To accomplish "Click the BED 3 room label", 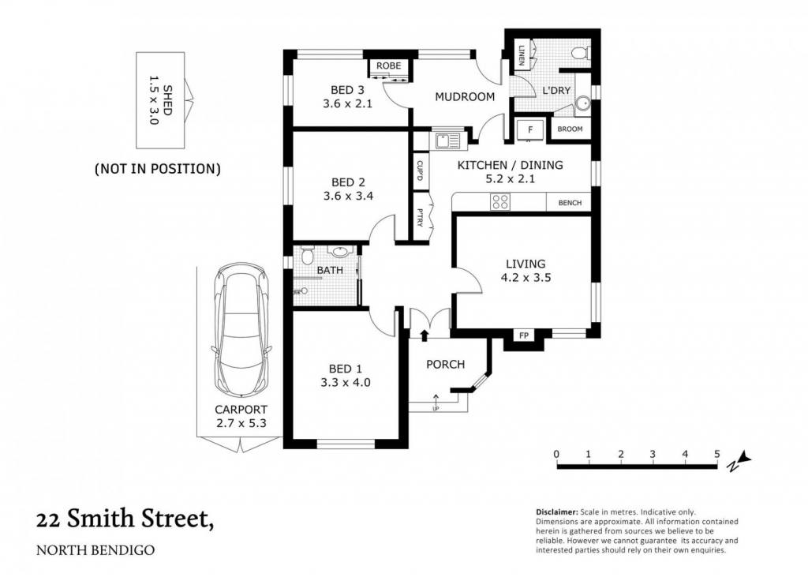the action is coord(347,90).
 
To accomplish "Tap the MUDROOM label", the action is coord(465,97).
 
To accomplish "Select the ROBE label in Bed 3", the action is coord(388,66).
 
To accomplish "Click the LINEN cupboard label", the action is coord(521,54).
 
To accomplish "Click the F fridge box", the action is coord(529,129).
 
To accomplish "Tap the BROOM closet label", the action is coord(570,129).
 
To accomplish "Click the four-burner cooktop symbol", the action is coord(499,201).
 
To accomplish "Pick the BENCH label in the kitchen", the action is coord(570,203).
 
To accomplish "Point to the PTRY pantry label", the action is coord(420,217).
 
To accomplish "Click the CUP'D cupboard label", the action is coord(420,171).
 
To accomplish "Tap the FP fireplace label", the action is coord(524,336).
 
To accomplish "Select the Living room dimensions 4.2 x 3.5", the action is coord(526,278).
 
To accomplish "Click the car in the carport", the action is coord(241,331).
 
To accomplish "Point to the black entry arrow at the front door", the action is coord(424,335).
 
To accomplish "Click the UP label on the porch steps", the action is coord(436,410).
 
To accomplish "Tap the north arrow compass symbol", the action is coord(739,460).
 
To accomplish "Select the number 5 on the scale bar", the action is coord(716,455).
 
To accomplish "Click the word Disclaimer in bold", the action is coord(557,512).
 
